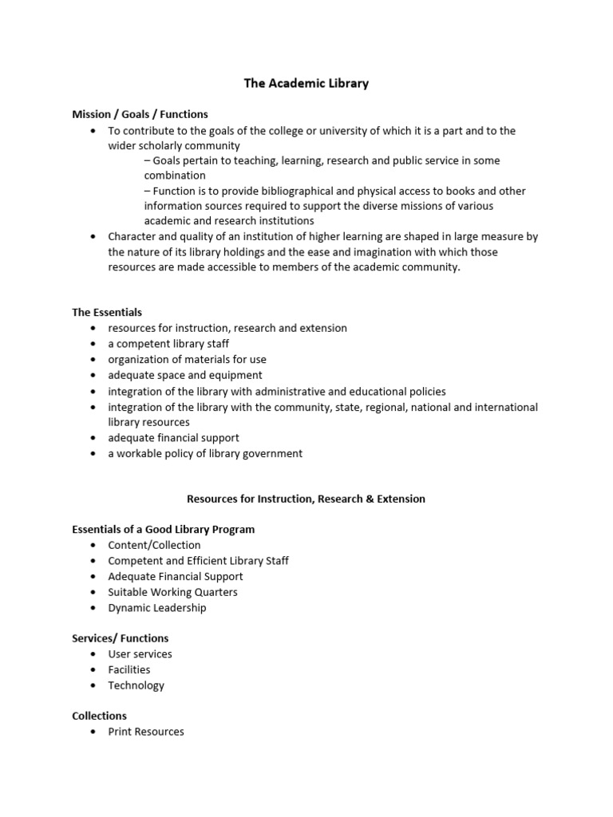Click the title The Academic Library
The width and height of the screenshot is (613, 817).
point(306,83)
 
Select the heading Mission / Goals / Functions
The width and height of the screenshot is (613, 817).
point(140,114)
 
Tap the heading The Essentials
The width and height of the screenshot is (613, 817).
point(107,312)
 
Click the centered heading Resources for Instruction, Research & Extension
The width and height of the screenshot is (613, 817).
point(306,499)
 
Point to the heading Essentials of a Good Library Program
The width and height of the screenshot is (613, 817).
point(164,529)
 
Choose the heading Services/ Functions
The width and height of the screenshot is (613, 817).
point(121,638)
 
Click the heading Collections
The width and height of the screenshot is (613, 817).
point(100,716)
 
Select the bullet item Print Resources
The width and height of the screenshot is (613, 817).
point(146,732)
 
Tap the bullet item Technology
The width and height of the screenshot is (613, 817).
point(136,685)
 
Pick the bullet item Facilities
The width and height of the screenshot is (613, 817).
point(129,669)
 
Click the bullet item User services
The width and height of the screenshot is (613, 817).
point(140,654)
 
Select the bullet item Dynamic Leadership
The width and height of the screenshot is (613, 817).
point(157,608)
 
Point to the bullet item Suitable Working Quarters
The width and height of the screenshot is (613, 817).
point(172,592)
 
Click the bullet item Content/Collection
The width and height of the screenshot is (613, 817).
point(155,545)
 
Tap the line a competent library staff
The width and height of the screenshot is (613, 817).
point(168,344)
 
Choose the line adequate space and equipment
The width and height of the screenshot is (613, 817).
point(185,375)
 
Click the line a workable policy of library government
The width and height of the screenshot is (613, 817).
point(205,453)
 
